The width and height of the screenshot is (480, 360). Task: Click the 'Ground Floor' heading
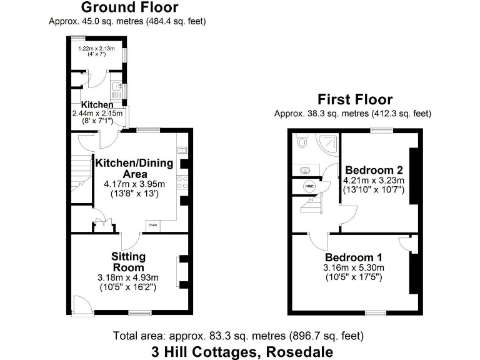(x=129, y=8)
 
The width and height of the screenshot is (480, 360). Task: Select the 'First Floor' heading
(x=354, y=99)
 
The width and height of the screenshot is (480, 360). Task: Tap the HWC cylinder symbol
(x=309, y=186)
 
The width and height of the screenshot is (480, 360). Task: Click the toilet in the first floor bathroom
(x=302, y=142)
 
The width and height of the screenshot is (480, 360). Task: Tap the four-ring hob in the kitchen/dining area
(x=183, y=182)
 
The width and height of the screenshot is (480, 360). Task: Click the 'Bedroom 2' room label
(x=374, y=170)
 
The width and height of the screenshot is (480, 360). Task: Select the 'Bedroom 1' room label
(x=353, y=257)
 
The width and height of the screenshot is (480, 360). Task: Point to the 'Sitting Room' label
(x=128, y=262)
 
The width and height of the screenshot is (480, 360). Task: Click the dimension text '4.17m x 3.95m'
(x=134, y=184)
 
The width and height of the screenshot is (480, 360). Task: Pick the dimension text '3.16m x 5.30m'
(x=353, y=267)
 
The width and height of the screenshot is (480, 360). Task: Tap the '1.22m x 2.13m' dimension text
(x=97, y=48)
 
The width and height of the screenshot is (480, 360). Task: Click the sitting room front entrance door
(x=81, y=304)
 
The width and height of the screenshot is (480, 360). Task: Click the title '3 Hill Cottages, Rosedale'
(x=237, y=351)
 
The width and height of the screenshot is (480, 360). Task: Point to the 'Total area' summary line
(x=238, y=336)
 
